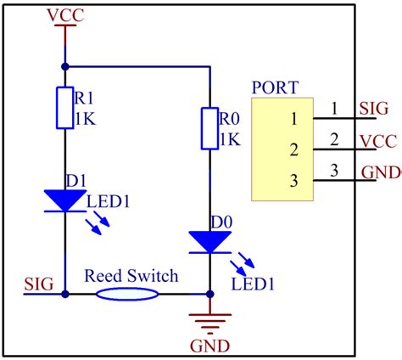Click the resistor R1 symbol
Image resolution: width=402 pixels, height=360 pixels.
65,107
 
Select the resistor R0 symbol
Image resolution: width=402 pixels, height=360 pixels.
209,127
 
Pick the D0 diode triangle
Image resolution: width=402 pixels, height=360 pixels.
209,242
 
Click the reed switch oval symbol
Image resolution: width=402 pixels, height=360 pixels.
127,294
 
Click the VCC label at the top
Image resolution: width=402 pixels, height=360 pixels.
64,15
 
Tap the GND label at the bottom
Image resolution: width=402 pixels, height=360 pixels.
209,346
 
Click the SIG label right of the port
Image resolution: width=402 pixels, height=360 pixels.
374,109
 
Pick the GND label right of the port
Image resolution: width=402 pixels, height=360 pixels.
381,172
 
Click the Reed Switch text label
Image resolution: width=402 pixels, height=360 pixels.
131,276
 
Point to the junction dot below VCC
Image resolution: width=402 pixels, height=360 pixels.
65,65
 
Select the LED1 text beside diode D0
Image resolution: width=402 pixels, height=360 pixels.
252,281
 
